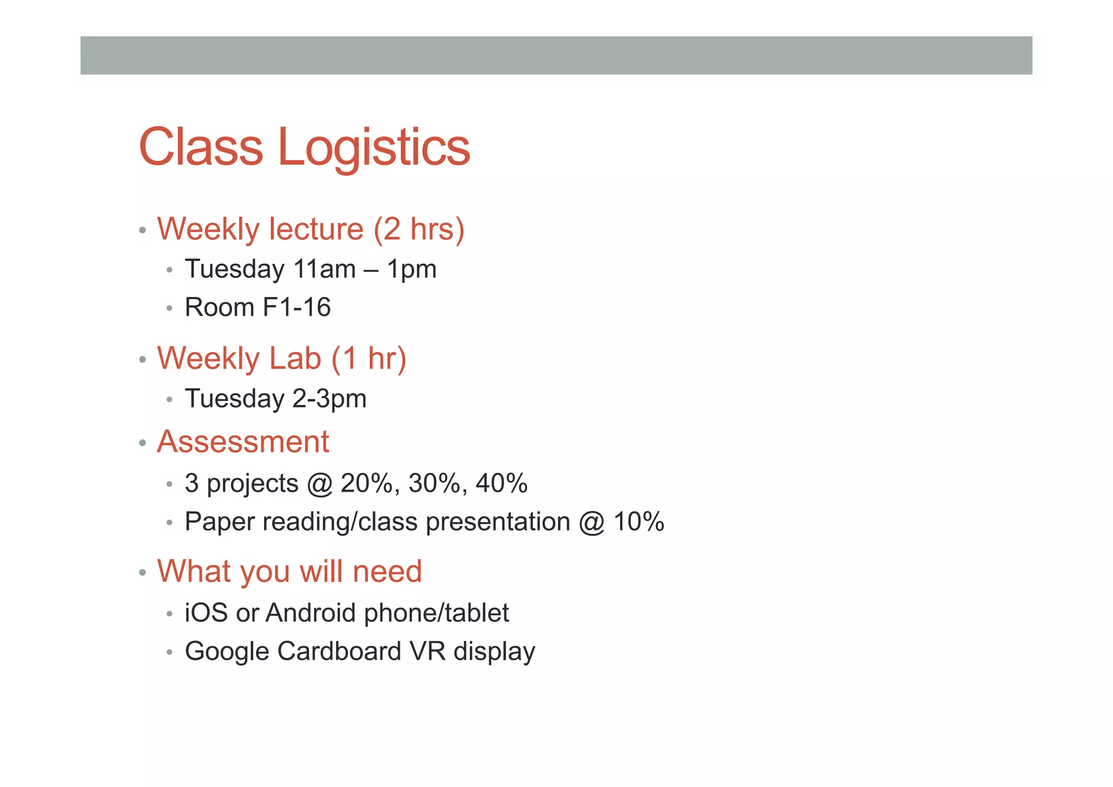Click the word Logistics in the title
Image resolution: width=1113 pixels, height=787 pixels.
[x=374, y=148]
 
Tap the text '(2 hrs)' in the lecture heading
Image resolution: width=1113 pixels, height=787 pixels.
[x=418, y=229]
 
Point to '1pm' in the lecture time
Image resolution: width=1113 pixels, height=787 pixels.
[x=411, y=269]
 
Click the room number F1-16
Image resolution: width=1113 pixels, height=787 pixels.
[x=297, y=307]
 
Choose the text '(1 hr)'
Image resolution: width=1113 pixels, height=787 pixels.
[x=368, y=358]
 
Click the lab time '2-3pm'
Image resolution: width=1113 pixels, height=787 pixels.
[x=329, y=399]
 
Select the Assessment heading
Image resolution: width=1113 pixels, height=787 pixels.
[x=243, y=441]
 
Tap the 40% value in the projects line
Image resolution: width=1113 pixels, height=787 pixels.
[x=502, y=483]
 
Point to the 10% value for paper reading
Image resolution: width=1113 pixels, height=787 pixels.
[x=639, y=522]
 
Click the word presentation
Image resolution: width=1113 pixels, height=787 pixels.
[x=498, y=522]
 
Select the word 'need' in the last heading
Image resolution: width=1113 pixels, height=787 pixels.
[x=387, y=571]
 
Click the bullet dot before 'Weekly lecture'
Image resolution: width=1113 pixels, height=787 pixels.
[x=142, y=230]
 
